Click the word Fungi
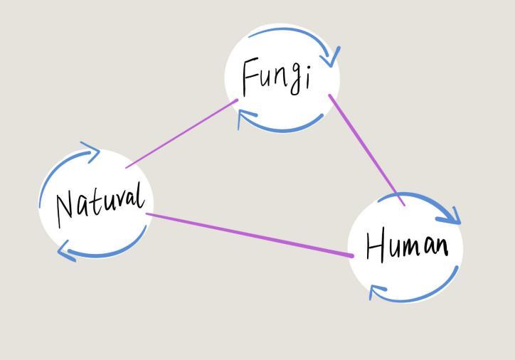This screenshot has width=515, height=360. tap(277, 77)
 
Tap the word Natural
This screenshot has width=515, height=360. tap(101, 201)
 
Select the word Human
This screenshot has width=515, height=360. tap(406, 246)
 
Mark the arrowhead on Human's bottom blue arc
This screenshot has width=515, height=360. tap(376, 291)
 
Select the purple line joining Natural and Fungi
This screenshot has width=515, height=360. tap(181, 134)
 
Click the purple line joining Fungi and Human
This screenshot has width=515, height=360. tap(366, 149)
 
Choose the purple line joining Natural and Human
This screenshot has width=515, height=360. tap(249, 234)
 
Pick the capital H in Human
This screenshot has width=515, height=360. tap(376, 246)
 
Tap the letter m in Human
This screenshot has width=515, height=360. tap(416, 248)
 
